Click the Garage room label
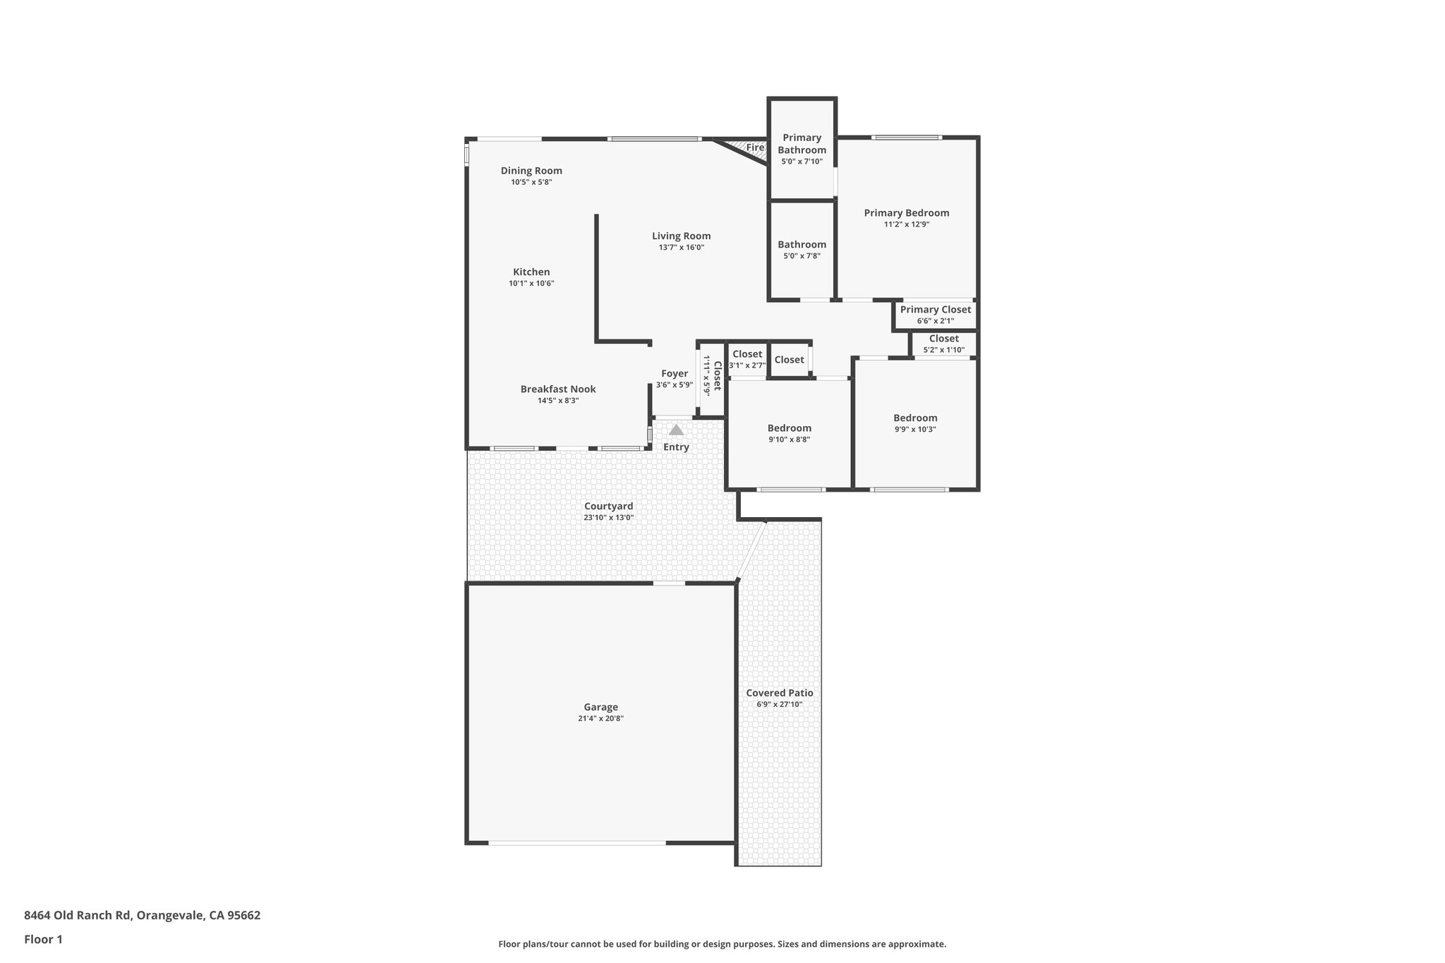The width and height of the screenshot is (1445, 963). coord(600,707)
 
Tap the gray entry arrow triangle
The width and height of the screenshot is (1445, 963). coord(676,430)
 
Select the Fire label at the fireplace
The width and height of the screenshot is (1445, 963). coord(755,147)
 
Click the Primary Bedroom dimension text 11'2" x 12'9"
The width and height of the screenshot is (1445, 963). coord(906,224)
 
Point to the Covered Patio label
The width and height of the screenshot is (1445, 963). coord(779,693)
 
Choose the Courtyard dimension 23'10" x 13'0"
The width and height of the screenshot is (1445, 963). coord(608,517)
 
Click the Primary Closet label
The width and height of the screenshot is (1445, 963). coord(935,310)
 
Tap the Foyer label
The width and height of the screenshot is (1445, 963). coord(674,374)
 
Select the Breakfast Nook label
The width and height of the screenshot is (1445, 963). coord(557,389)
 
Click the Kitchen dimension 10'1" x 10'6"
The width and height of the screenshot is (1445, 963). coord(531,284)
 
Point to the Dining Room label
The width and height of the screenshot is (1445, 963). coord(531,171)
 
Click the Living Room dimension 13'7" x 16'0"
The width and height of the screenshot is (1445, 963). coord(681,248)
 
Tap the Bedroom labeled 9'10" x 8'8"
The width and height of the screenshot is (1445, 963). coord(789,428)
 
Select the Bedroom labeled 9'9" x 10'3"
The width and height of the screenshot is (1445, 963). coord(915,418)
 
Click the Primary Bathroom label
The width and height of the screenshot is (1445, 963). coord(802,144)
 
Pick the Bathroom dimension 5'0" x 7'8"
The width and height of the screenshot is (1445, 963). coord(802,256)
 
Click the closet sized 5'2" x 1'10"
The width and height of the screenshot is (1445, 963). coord(943,339)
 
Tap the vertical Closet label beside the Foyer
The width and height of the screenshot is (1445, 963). coord(716,376)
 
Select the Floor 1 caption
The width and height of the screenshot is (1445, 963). coord(43,939)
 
